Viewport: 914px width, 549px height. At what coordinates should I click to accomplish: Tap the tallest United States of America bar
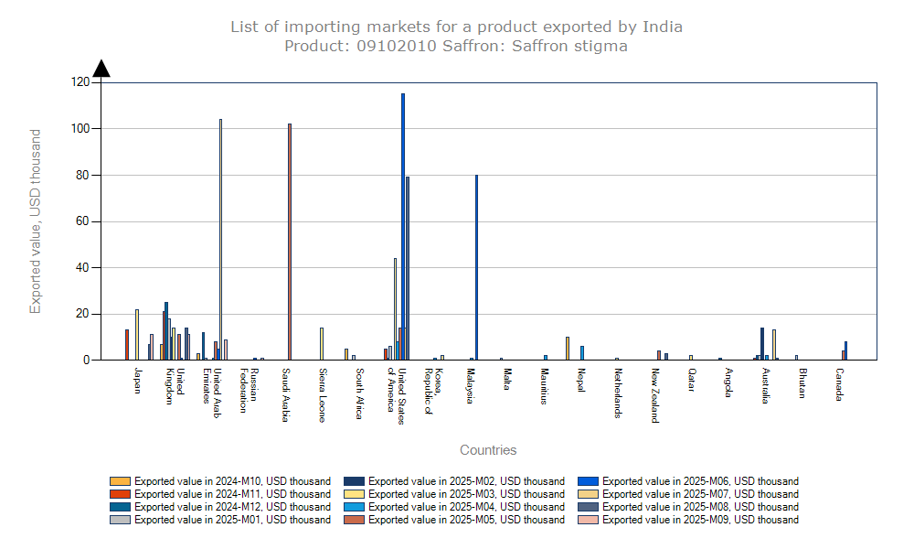pos(402,229)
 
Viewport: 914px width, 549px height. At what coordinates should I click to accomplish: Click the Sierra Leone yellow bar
pos(321,344)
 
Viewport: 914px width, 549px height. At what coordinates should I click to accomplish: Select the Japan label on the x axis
pos(137,380)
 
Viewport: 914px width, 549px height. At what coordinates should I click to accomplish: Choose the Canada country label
pos(839,384)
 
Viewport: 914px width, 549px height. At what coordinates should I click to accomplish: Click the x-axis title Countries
pos(488,450)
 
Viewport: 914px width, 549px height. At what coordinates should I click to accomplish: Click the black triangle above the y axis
pos(101,69)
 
